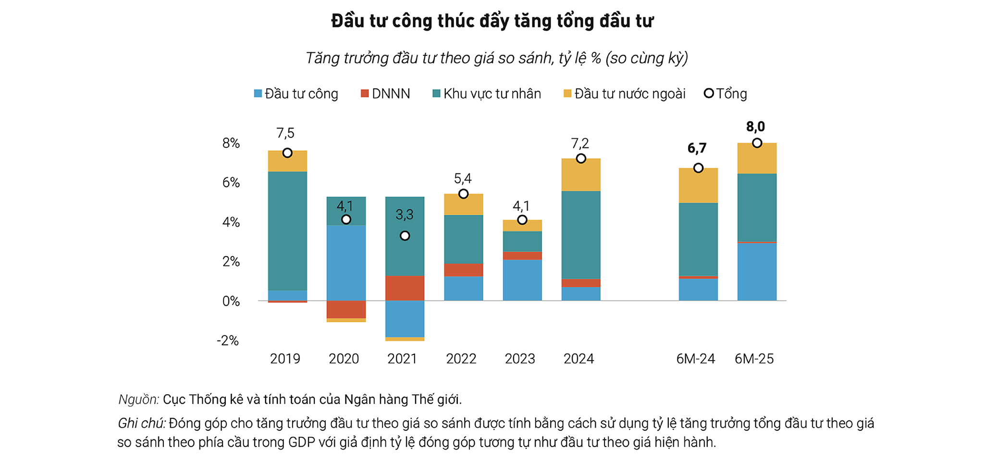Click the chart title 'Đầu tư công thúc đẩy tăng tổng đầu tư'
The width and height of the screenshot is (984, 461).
[492, 22]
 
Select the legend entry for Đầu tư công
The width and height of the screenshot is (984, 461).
[296, 94]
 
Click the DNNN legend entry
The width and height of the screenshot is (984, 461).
[385, 94]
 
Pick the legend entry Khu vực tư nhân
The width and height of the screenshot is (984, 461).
[487, 94]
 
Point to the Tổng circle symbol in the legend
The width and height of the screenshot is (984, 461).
[709, 93]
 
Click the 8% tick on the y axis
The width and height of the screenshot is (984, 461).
[231, 143]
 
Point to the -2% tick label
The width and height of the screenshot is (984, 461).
[228, 340]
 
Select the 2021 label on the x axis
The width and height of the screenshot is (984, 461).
[402, 359]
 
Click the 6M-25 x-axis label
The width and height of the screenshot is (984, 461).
[754, 359]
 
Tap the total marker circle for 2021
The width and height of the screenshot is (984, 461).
[405, 236]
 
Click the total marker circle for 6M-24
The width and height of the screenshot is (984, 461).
[699, 168]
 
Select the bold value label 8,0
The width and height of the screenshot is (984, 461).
[755, 127]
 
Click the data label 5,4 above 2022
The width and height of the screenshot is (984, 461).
[463, 179]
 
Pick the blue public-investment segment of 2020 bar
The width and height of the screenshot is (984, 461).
[346, 263]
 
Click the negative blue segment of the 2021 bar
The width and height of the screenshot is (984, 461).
[405, 318]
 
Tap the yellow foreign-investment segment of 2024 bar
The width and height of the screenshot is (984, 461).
[581, 175]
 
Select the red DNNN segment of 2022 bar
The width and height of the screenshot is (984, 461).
[464, 270]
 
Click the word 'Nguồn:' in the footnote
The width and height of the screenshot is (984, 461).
[139, 400]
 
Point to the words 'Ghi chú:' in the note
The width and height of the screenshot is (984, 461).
[142, 424]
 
